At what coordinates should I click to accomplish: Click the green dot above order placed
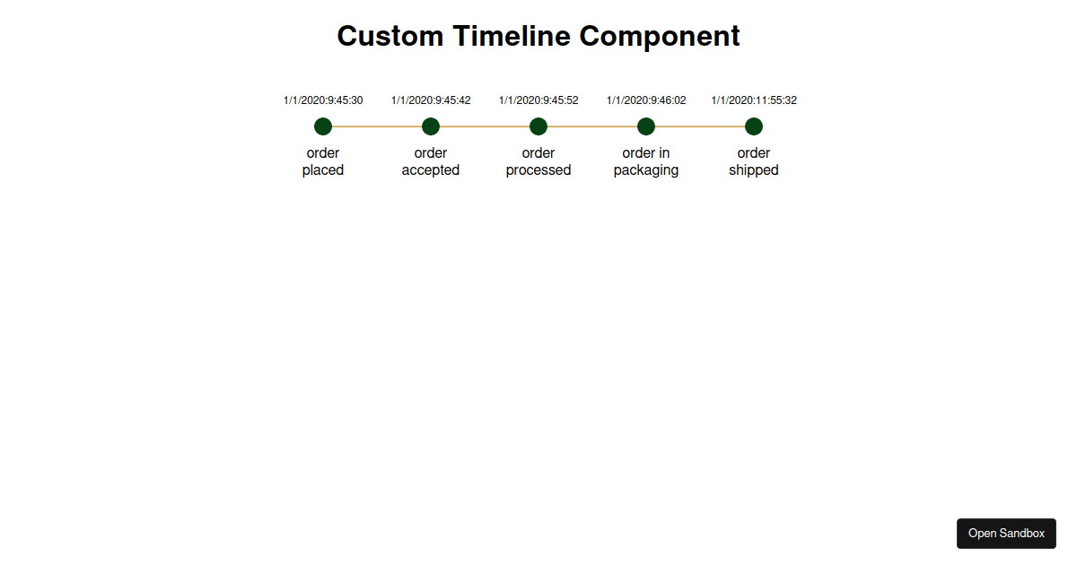click(323, 126)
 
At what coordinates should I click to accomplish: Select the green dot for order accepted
click(431, 126)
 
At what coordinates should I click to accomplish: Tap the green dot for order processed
click(538, 126)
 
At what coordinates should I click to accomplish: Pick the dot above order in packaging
click(646, 126)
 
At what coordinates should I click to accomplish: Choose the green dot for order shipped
click(754, 126)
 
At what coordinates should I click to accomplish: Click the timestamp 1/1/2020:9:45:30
click(323, 100)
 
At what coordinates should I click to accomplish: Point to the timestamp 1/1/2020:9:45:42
click(431, 100)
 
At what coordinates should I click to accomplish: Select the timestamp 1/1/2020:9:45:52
click(538, 100)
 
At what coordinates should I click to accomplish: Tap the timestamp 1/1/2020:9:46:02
click(646, 100)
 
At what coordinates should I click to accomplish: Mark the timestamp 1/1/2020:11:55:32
click(754, 100)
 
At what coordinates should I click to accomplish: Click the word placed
click(323, 170)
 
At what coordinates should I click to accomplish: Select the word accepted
click(431, 170)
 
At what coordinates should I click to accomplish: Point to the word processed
click(538, 170)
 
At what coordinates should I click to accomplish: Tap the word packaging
click(646, 170)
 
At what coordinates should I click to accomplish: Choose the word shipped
click(754, 170)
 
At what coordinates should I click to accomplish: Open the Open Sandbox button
click(1006, 534)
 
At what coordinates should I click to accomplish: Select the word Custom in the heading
click(390, 36)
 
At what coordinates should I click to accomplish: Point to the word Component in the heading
click(660, 37)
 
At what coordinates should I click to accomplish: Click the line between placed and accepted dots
click(377, 126)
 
